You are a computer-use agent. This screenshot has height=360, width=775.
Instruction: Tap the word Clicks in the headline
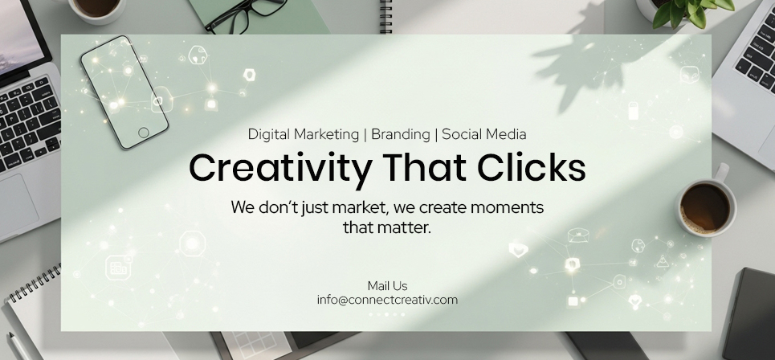tap(532, 167)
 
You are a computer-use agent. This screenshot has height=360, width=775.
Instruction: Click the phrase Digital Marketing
tap(303, 134)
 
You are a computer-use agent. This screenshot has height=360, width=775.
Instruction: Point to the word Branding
tap(401, 134)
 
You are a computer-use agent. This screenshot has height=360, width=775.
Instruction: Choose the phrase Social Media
tap(484, 134)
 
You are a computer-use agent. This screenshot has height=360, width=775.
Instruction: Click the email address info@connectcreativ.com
tap(387, 300)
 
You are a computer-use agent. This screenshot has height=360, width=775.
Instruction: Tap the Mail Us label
tap(387, 286)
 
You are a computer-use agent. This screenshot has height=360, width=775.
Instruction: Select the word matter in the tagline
tap(404, 228)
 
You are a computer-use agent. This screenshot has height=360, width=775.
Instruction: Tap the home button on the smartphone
tap(143, 133)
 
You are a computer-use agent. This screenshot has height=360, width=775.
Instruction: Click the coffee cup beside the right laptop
tap(705, 202)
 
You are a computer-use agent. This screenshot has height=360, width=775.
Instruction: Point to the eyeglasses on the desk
tap(246, 14)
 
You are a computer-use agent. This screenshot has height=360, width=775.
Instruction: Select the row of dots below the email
tap(387, 314)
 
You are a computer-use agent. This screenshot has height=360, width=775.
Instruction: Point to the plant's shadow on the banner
tap(593, 69)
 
